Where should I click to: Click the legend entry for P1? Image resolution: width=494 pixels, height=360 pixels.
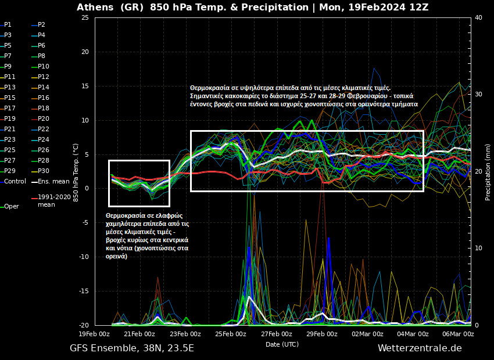pos(8,25)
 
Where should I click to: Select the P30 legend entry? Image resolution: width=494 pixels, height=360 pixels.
pos(43,171)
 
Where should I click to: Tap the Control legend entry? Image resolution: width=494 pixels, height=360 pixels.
pos(15,181)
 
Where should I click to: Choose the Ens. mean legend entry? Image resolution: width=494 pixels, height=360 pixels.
pos(53,181)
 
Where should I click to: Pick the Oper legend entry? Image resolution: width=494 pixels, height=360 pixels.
pos(11,206)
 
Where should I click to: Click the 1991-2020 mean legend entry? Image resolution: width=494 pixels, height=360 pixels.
pos(54,200)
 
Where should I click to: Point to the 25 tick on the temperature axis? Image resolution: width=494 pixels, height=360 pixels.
pos(84,17)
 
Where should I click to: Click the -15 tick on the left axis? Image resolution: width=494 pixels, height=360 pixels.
pos(83,291)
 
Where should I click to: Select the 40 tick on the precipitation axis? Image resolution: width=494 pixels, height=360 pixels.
pos(478,17)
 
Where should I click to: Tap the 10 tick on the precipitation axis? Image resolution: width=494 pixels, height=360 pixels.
pos(478,248)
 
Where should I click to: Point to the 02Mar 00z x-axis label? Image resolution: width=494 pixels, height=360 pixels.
pos(367,334)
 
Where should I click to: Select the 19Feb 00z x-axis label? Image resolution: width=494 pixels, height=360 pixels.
pos(94,334)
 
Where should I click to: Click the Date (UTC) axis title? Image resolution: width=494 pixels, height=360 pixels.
pos(282,344)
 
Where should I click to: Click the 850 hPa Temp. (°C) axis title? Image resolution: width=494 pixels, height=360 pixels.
pos(76,171)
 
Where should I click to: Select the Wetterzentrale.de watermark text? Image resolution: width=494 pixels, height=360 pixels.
pos(420,348)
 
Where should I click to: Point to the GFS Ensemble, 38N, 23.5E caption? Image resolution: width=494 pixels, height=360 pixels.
pos(132,348)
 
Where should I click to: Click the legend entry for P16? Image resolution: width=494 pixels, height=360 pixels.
pos(43,98)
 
